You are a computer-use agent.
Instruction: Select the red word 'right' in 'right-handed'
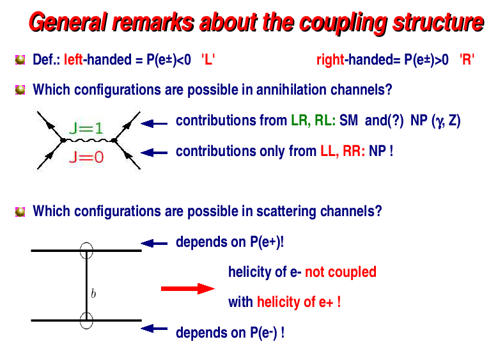coord(330,61)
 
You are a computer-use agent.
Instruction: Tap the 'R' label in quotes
coord(467,61)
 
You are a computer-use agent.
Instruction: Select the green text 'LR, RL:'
coord(313,120)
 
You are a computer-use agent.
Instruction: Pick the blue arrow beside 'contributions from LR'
coord(154,122)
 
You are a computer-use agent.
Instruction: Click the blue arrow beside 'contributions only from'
coord(154,152)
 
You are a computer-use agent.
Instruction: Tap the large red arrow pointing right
coord(187,289)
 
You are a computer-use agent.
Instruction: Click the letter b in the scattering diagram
coord(93,294)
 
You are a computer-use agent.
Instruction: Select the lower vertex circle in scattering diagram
coord(86,320)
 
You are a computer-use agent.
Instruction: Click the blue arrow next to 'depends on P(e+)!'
coord(154,243)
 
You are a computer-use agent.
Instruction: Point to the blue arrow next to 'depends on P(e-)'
coord(154,329)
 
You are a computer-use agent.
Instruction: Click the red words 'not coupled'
coord(340,272)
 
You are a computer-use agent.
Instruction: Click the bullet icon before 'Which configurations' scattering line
coord(20,211)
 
